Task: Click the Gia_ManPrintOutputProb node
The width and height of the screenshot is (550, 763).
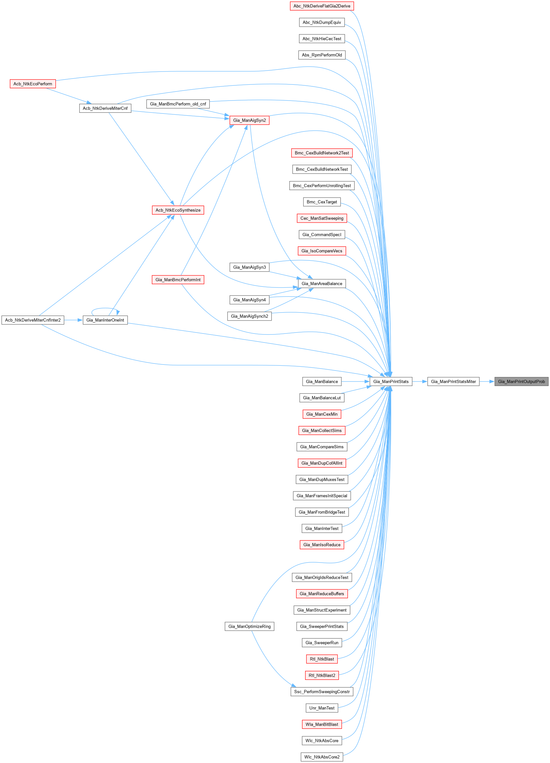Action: coord(521,381)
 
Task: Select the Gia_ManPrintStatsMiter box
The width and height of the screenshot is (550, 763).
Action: coord(453,381)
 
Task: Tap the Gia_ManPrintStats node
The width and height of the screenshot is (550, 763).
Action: coord(391,381)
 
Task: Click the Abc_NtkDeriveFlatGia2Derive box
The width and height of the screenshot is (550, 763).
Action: coord(322,6)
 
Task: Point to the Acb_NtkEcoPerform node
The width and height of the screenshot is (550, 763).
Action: coord(33,84)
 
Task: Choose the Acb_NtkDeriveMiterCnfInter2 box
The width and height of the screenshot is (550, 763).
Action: coord(33,320)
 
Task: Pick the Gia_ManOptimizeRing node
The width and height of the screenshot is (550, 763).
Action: coord(249,626)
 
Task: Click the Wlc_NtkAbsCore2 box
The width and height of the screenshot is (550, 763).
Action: coord(322,757)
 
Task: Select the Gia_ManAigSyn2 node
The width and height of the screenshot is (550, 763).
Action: coord(249,120)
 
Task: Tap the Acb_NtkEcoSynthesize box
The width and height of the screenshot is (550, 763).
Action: coord(178,210)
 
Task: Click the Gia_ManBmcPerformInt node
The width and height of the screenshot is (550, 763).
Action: coord(178,280)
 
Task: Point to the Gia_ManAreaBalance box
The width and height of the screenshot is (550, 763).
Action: coord(322,284)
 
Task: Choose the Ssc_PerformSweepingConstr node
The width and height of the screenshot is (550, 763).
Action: coord(322,692)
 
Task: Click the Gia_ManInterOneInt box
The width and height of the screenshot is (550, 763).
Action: coord(105,320)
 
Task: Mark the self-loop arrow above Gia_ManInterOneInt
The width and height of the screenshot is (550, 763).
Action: coord(104,308)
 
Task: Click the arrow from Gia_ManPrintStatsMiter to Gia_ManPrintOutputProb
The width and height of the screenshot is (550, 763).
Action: coord(487,381)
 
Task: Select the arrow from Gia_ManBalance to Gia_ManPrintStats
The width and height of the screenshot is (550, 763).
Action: coord(356,381)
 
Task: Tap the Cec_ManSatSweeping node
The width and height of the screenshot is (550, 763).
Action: coord(322,218)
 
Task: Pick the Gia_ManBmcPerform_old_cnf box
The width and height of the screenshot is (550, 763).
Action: coord(178,104)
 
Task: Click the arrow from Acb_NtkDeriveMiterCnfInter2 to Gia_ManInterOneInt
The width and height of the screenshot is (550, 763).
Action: coord(73,320)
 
